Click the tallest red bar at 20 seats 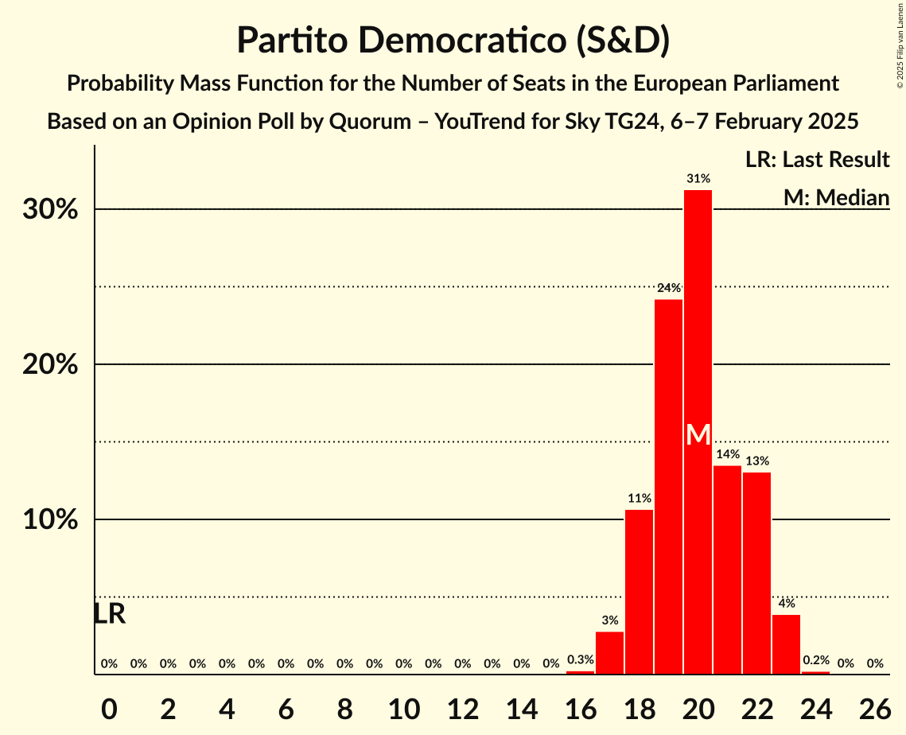pos(698,318)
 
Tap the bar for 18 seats pos(639,592)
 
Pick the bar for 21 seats pos(727,570)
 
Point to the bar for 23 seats pos(786,644)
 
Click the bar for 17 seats pos(609,653)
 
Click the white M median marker pos(698,434)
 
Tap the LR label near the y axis pos(109,614)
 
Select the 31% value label pos(698,179)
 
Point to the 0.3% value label pos(580,659)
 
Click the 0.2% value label pos(815,660)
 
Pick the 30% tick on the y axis pos(53,210)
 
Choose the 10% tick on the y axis pos(53,520)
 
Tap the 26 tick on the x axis pos(874,706)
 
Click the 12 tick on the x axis pos(462,706)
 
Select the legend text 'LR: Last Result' pos(817,160)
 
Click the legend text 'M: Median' pos(836,197)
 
